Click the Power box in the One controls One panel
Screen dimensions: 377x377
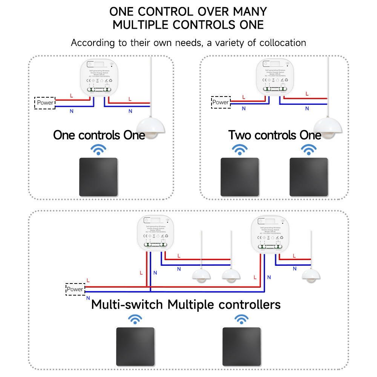point(45,103)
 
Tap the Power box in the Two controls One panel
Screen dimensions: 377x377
point(221,102)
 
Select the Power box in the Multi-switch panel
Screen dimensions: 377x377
point(75,289)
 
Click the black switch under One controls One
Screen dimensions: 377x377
point(98,177)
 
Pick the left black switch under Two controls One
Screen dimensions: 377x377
point(239,177)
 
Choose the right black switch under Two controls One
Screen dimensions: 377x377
point(309,177)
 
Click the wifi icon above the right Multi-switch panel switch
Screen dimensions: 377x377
point(241,319)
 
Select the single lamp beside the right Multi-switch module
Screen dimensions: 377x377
point(311,274)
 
